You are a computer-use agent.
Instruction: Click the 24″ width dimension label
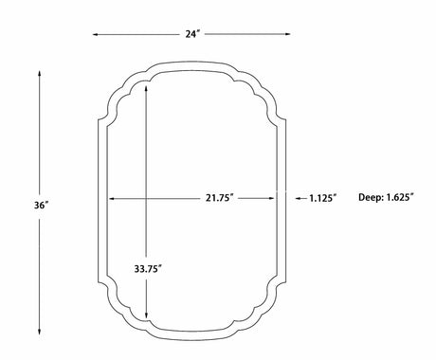pyautogui.click(x=192, y=34)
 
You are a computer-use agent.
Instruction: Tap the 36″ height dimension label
pyautogui.click(x=42, y=206)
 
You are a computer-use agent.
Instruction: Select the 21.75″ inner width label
pyautogui.click(x=220, y=198)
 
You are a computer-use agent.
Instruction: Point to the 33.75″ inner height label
pyautogui.click(x=148, y=269)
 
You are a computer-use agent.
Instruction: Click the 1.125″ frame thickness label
pyautogui.click(x=322, y=198)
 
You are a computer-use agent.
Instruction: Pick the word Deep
pyautogui.click(x=371, y=198)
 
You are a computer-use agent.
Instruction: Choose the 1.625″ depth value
pyautogui.click(x=400, y=198)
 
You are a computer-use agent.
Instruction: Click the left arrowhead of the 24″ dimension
pyautogui.click(x=95, y=34)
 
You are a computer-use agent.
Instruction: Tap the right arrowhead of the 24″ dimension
pyautogui.click(x=287, y=34)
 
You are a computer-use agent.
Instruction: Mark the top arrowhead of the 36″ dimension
pyautogui.click(x=40, y=74)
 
